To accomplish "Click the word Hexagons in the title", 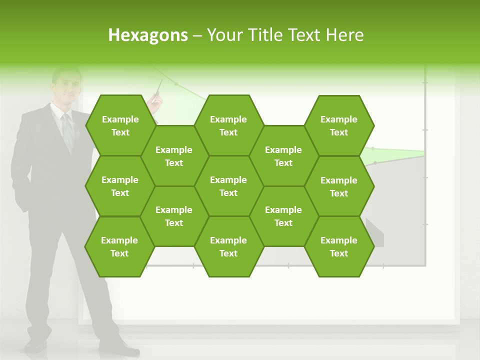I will click(148, 35).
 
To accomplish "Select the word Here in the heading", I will click(344, 35).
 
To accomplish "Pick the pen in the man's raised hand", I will click(158, 88).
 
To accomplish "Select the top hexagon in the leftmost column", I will click(120, 125).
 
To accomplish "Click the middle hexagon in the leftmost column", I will click(120, 186).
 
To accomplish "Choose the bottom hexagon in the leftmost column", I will click(119, 246).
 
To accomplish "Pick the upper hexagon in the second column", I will click(174, 156).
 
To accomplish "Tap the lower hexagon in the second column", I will click(174, 216).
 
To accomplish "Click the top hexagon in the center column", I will click(228, 125).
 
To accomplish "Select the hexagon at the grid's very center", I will click(228, 186).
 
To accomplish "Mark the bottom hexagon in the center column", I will click(228, 246).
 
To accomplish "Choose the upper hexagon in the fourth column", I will click(283, 156).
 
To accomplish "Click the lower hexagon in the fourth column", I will click(283, 216).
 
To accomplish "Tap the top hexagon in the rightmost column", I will click(339, 125).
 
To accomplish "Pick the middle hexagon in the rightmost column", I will click(339, 186).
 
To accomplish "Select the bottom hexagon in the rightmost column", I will click(339, 246).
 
